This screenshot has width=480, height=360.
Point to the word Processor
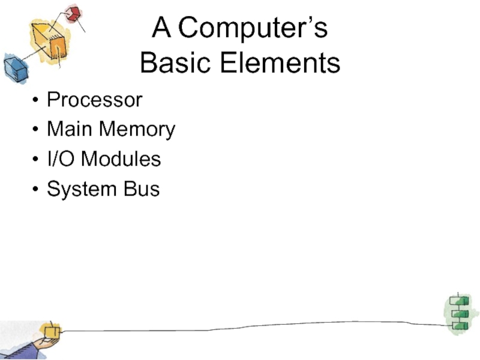click(95, 100)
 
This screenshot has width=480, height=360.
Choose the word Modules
click(121, 159)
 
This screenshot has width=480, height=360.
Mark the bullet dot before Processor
click(37, 100)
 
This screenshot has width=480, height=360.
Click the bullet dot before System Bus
click(37, 190)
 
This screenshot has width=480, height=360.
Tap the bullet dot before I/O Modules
click(37, 160)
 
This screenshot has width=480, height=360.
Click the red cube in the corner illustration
click(73, 13)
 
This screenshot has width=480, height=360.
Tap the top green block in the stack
click(459, 301)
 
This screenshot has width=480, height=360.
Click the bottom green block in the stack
click(459, 325)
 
